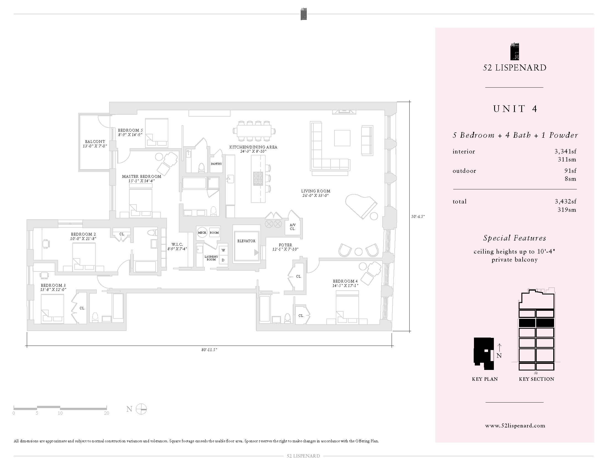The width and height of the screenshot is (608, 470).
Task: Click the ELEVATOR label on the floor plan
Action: pyautogui.click(x=246, y=241)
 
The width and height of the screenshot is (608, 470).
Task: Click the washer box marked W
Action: pyautogui.click(x=223, y=250)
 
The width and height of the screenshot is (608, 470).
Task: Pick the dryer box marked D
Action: pyautogui.click(x=223, y=260)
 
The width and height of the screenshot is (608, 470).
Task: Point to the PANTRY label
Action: pyautogui.click(x=216, y=164)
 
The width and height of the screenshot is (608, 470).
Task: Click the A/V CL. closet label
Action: pyautogui.click(x=293, y=227)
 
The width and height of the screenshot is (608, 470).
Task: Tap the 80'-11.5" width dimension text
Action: pyautogui.click(x=209, y=350)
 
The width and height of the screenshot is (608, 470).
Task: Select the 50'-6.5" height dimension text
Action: pyautogui.click(x=418, y=216)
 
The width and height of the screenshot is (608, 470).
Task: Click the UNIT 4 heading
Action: pyautogui.click(x=515, y=109)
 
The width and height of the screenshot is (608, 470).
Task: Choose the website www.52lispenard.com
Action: pyautogui.click(x=515, y=425)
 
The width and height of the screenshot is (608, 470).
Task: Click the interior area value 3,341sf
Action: pyautogui.click(x=565, y=152)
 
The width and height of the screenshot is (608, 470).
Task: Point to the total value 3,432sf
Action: pyautogui.click(x=565, y=202)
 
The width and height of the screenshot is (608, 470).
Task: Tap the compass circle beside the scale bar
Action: pyautogui.click(x=141, y=409)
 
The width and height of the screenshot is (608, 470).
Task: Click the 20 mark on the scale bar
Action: pyautogui.click(x=106, y=413)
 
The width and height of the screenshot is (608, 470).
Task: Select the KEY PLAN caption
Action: pyautogui.click(x=485, y=379)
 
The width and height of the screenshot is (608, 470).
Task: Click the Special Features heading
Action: pyautogui.click(x=515, y=238)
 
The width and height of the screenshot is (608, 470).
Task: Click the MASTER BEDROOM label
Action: pyautogui.click(x=141, y=177)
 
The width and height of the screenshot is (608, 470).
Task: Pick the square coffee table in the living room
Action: pyautogui.click(x=342, y=138)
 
